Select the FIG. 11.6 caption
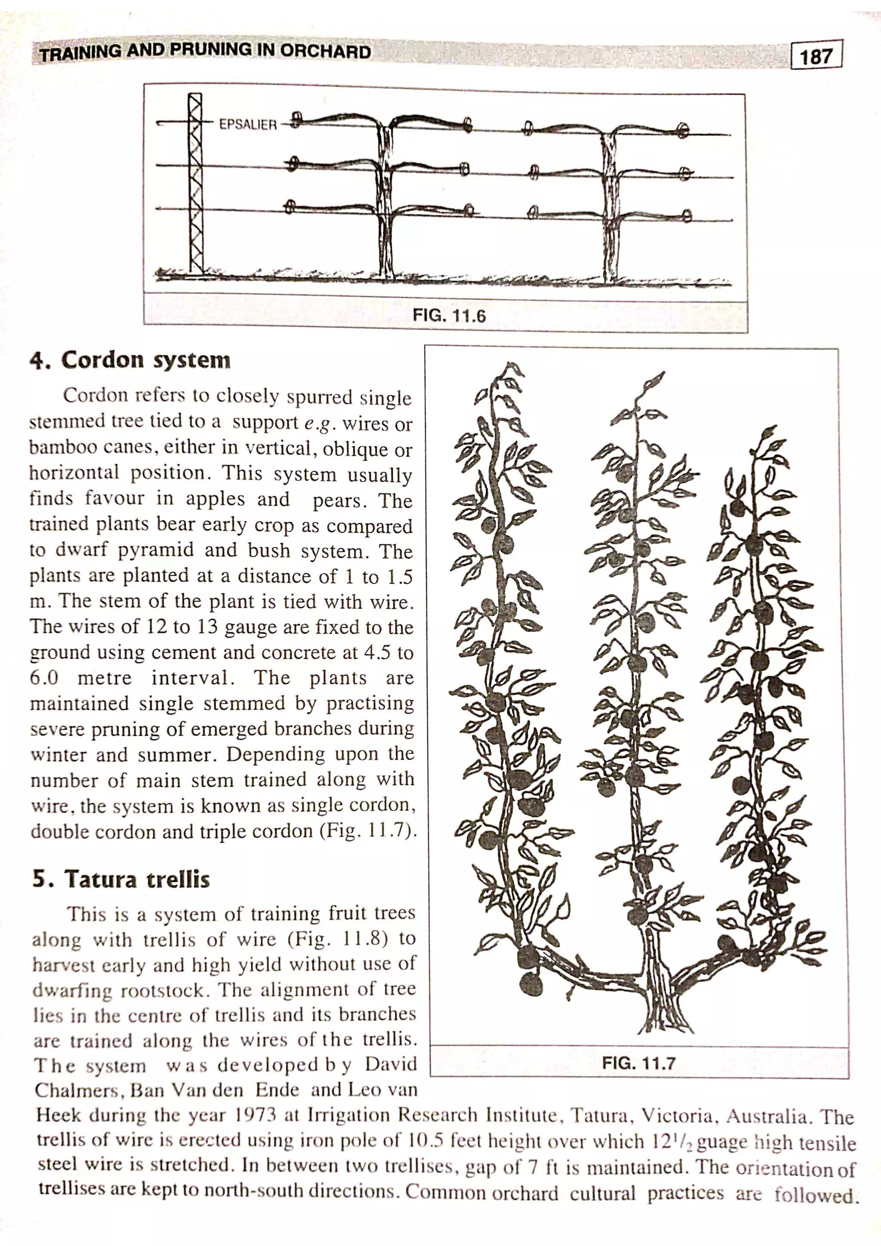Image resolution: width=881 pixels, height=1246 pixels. (x=449, y=315)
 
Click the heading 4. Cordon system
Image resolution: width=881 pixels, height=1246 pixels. (x=130, y=360)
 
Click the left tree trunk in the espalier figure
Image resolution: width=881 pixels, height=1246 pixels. (x=385, y=206)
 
